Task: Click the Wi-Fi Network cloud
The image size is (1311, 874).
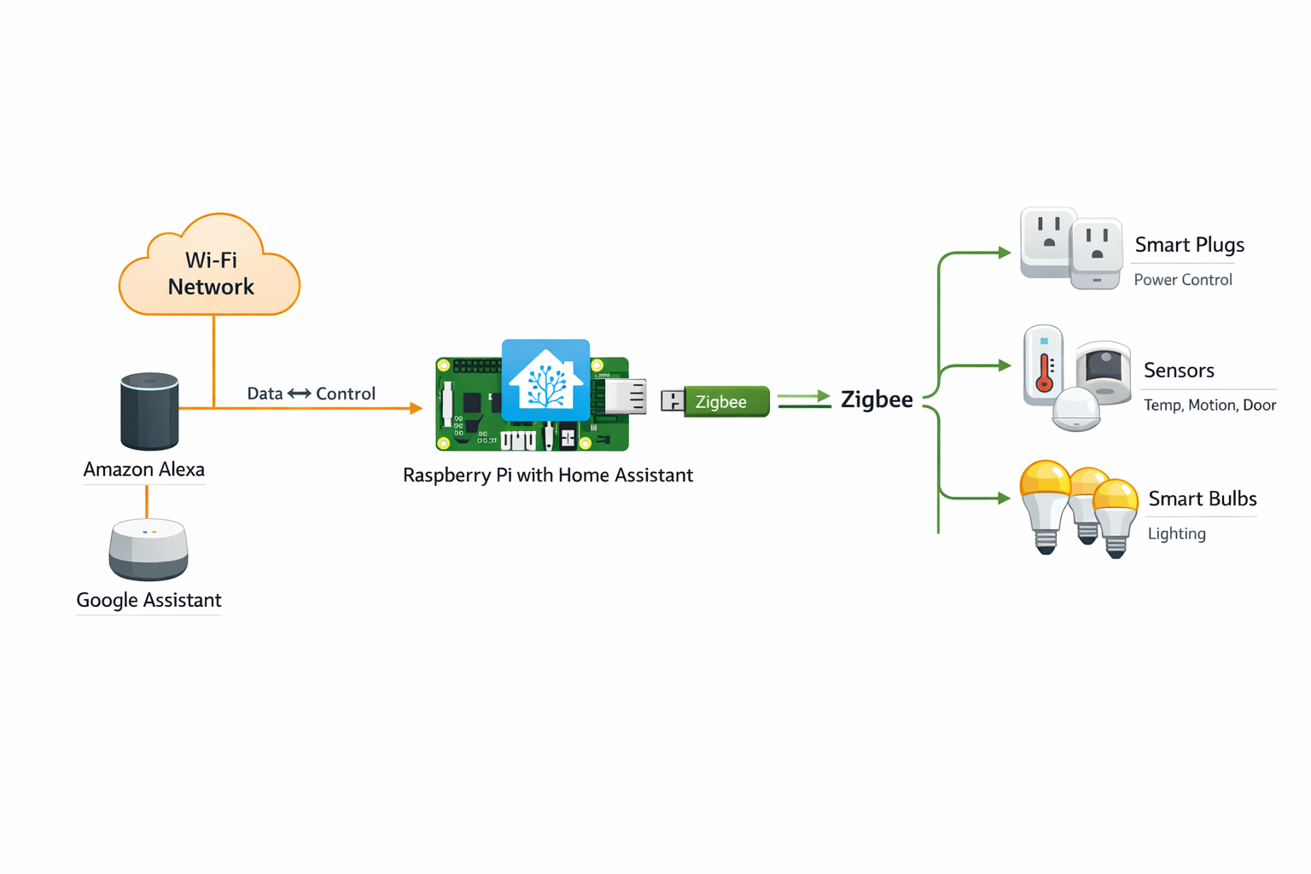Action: click(x=210, y=269)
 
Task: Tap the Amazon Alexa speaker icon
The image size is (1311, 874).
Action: click(x=149, y=411)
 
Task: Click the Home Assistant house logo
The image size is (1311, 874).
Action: click(x=545, y=381)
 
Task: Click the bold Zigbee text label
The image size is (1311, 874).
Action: click(x=877, y=399)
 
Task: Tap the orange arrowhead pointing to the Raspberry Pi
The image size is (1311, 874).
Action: click(x=417, y=408)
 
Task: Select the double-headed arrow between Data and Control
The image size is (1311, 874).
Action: click(x=299, y=393)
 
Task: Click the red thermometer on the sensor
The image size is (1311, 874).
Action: click(x=1044, y=372)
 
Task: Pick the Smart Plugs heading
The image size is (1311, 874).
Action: click(x=1189, y=245)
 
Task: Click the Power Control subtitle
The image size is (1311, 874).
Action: click(x=1182, y=280)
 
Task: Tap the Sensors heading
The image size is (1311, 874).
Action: click(x=1179, y=370)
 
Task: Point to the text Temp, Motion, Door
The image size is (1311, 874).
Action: click(x=1209, y=405)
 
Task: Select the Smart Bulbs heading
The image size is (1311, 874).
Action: click(x=1202, y=498)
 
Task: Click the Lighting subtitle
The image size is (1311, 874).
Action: click(x=1176, y=533)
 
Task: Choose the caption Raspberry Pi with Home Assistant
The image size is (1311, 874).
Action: click(x=547, y=475)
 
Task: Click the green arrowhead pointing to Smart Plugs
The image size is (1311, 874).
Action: click(x=1005, y=253)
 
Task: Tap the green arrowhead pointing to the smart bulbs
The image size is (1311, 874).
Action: click(x=1005, y=498)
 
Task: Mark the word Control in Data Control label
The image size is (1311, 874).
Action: click(x=346, y=393)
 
